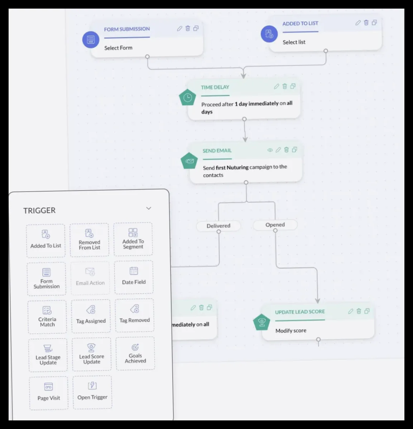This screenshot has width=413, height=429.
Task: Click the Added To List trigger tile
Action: tap(46, 241)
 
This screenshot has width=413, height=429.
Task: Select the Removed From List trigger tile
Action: tap(89, 240)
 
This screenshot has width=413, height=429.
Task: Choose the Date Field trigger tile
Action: tap(134, 277)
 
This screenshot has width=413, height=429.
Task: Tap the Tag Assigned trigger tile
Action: tap(91, 316)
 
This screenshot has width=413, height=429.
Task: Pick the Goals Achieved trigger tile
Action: tap(135, 353)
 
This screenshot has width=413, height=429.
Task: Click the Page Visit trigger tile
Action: tap(49, 393)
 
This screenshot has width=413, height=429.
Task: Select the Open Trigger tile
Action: tap(92, 392)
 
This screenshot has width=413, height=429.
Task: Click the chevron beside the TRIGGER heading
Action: tap(149, 208)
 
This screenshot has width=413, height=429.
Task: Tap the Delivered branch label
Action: tap(218, 226)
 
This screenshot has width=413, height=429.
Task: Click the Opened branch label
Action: tap(275, 225)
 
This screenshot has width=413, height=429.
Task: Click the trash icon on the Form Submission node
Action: tap(188, 28)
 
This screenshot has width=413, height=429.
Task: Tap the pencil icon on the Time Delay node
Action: tap(277, 86)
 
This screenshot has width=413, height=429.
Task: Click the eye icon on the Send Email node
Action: tap(270, 150)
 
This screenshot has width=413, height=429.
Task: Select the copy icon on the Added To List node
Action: tap(374, 23)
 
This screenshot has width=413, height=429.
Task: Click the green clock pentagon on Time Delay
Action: tap(187, 97)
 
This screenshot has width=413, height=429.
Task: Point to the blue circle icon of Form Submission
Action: tap(91, 40)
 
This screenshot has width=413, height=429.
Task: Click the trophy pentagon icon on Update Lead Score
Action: tap(261, 322)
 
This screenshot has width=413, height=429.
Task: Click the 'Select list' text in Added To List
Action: tap(294, 42)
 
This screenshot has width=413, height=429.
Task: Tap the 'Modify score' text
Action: tap(290, 331)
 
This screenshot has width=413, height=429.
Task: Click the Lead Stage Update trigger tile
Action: tap(48, 355)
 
